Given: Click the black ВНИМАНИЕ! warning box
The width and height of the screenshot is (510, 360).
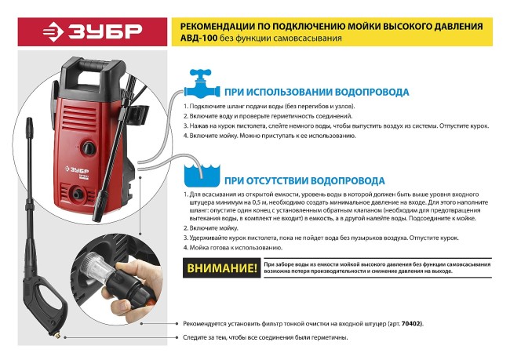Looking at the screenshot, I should click(222, 269).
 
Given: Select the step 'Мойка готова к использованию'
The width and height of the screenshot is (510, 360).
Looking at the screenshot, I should click(242, 247).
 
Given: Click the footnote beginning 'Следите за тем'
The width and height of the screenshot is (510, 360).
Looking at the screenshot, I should click(265, 337).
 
